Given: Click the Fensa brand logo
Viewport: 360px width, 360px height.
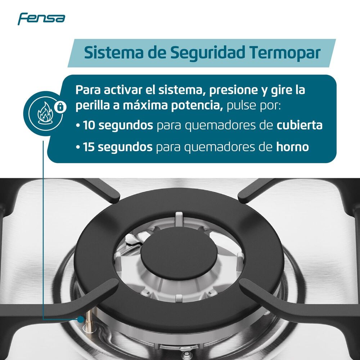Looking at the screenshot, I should tap(41, 18).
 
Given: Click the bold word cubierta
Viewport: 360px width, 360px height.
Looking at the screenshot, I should tap(300, 125).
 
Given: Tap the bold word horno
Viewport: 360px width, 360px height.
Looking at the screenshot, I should tap(292, 147).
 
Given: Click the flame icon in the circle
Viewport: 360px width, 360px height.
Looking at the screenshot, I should tap(45, 112).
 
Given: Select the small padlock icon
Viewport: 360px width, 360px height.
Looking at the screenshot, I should tap(60, 106).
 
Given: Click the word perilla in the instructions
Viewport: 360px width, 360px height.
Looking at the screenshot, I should tap(89, 107).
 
